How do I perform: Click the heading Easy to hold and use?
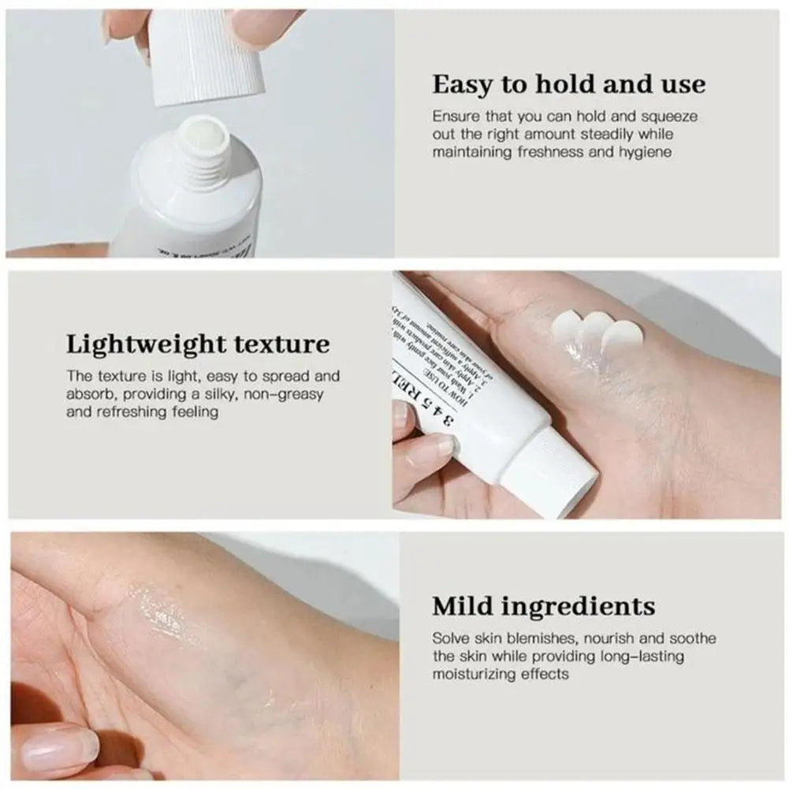(x=568, y=84)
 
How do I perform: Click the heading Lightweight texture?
(x=198, y=344)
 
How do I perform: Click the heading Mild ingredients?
(x=544, y=606)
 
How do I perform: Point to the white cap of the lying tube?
(x=549, y=473)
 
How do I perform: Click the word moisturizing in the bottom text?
(x=472, y=675)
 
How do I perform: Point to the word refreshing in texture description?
(x=133, y=412)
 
